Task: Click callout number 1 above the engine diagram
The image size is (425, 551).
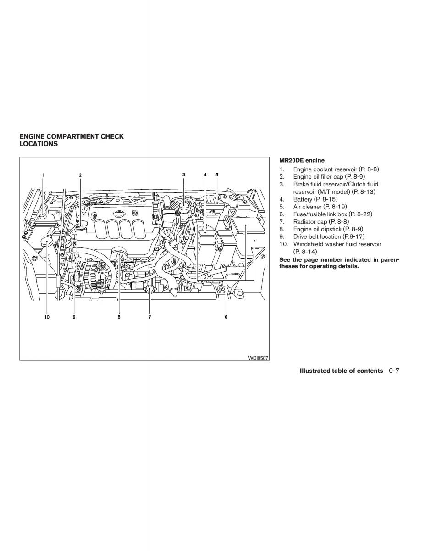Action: coord(43,175)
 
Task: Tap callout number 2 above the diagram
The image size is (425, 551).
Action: coord(80,175)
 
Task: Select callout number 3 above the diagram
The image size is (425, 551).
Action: coord(183,174)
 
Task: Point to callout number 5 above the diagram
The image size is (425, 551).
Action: coord(217,174)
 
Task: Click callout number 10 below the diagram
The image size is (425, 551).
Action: coord(47,317)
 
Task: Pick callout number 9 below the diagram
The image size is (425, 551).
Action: coord(74,317)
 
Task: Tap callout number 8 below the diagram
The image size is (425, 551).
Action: coord(119,317)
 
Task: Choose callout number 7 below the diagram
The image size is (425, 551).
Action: coord(149,317)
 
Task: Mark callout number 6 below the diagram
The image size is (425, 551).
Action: coord(226,317)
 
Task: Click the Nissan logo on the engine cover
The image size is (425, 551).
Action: coord(118,214)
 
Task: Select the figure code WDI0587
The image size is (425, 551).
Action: coord(258,358)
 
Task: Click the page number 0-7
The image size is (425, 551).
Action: coord(394,371)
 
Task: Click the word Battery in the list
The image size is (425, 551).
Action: coord(303,199)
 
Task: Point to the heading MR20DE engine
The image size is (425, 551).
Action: coord(302,160)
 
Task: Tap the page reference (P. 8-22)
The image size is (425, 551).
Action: coord(360,214)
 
